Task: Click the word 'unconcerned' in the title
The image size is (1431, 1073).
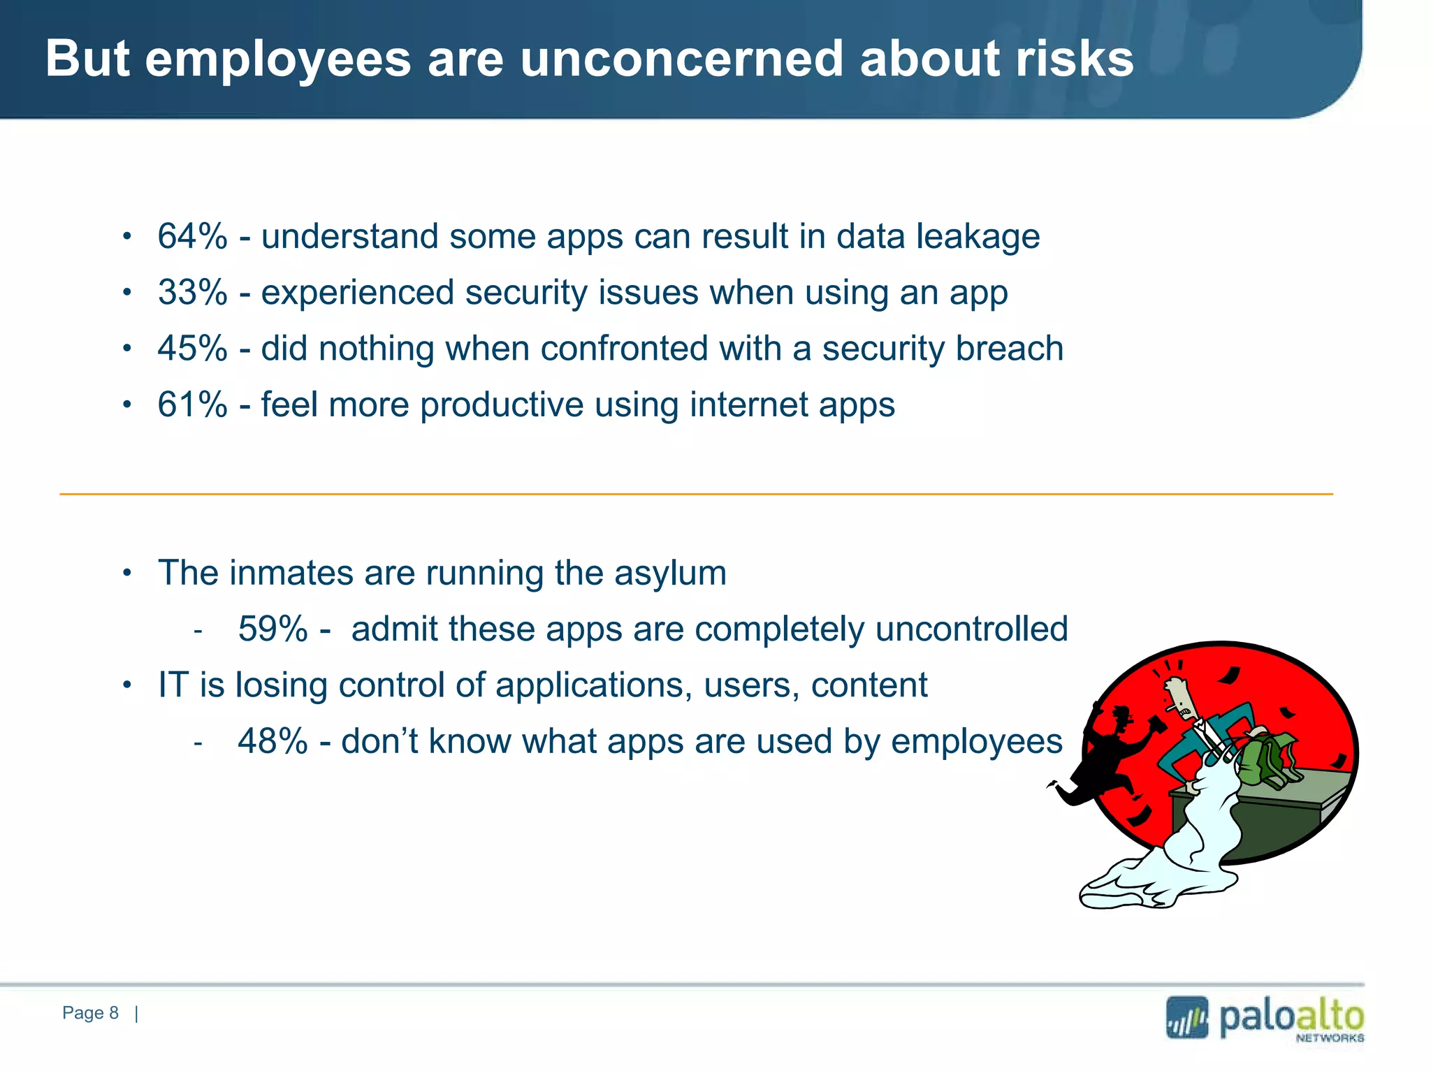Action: coord(681,59)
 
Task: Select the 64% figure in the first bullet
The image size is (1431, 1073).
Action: coord(192,236)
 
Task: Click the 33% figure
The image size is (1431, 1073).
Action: coord(192,292)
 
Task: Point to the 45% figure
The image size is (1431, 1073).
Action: coord(192,348)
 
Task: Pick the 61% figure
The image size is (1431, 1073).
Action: coord(192,404)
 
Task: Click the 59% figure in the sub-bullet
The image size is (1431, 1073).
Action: coord(273,629)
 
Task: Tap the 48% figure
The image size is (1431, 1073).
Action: coord(273,741)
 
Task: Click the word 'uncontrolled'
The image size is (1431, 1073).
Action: coord(971,629)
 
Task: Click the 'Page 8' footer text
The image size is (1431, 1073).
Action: coord(90,1013)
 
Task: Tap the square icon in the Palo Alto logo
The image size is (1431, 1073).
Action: coord(1186,1018)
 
